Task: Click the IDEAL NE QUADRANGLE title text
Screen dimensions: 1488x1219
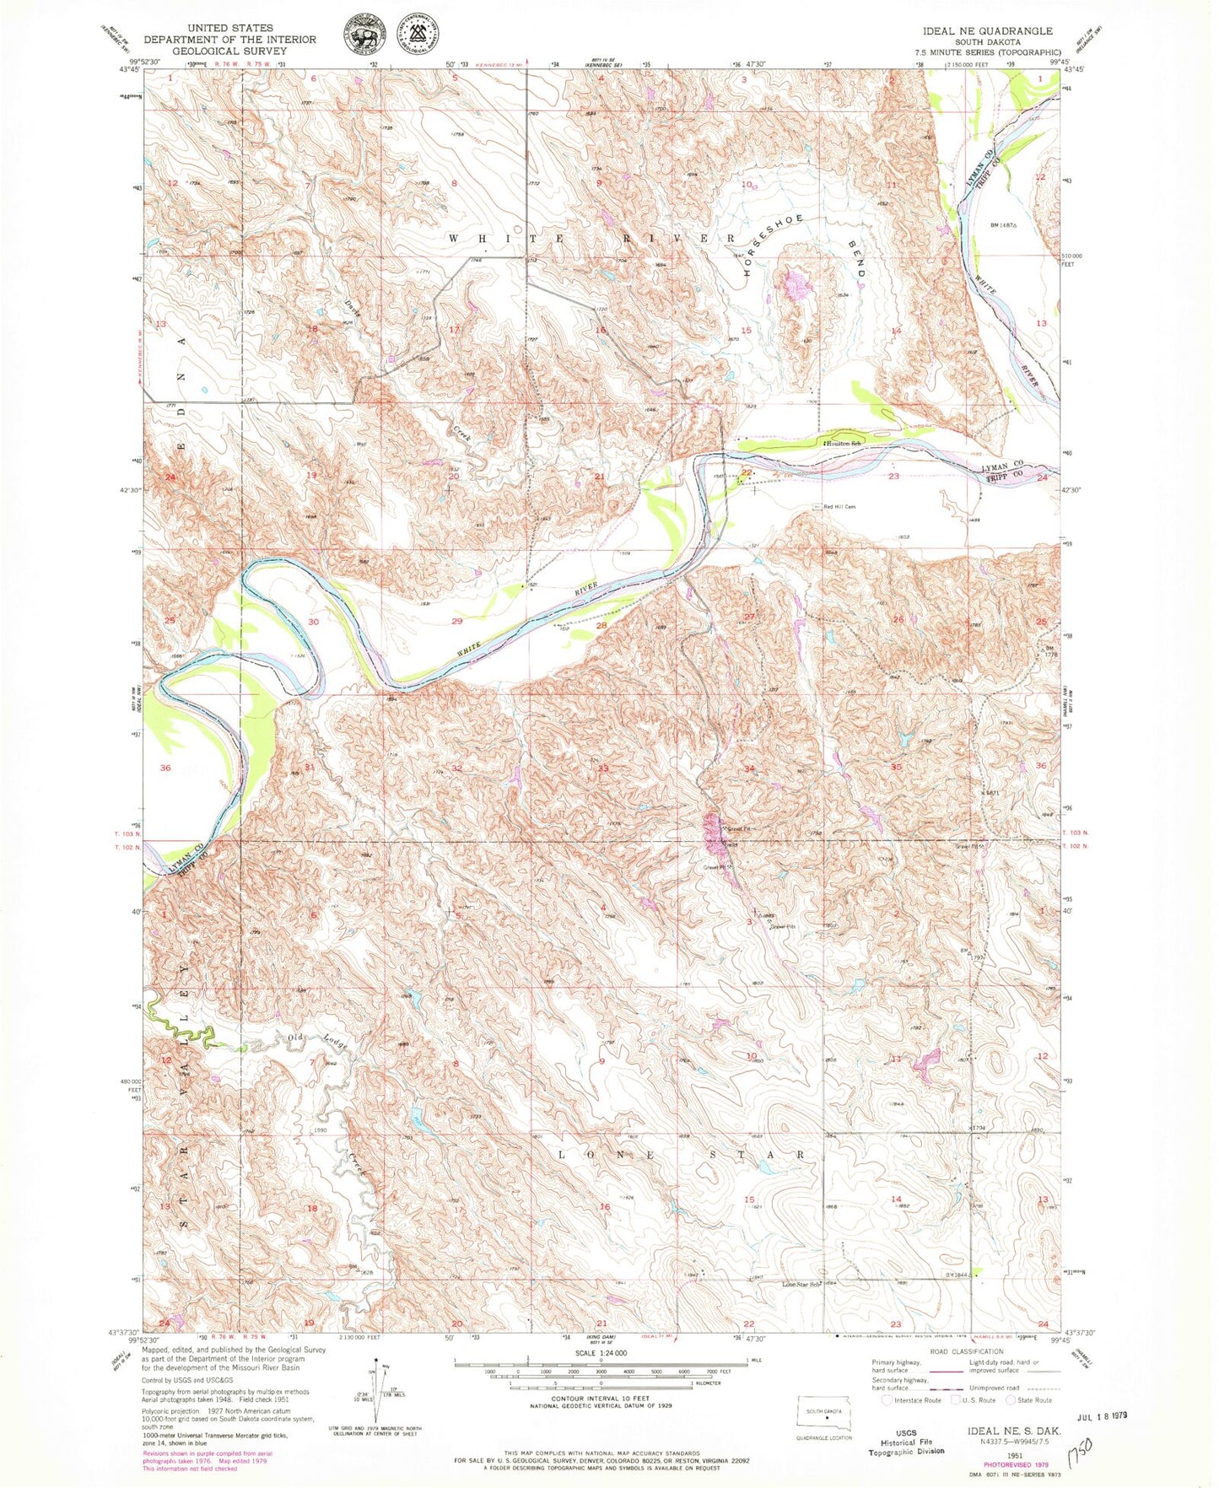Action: click(988, 30)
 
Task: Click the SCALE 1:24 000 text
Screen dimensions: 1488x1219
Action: click(601, 1353)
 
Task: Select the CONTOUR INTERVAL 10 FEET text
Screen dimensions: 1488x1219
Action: click(601, 1399)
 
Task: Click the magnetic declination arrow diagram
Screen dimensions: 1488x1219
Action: click(375, 1392)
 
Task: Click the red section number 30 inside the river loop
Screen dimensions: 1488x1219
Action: click(314, 622)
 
